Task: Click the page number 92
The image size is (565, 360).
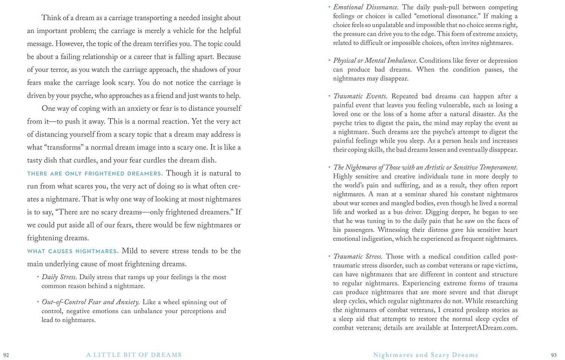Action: click(6, 355)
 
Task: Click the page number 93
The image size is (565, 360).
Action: click(554, 355)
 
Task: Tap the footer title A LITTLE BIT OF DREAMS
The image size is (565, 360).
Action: click(134, 355)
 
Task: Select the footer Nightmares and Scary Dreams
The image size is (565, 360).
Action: click(426, 355)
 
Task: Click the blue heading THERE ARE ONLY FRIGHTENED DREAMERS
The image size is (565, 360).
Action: click(95, 174)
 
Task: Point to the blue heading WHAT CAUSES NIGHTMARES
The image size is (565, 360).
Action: click(73, 251)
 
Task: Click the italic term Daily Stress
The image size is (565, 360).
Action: click(59, 277)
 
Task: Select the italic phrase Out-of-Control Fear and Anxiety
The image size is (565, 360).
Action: click(91, 302)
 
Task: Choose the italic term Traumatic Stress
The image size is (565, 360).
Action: click(358, 256)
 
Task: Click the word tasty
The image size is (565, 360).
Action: click(36, 160)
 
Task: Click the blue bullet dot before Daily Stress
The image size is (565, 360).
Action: click(38, 277)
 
